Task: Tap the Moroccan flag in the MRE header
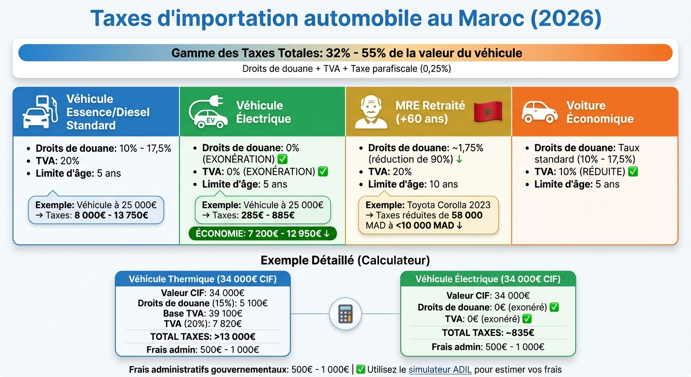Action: [488, 112]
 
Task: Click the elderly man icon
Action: [371, 112]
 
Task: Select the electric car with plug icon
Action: [208, 111]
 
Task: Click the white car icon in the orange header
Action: [539, 112]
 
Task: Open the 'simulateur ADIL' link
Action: [440, 370]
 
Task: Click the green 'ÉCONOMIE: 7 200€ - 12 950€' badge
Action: [263, 234]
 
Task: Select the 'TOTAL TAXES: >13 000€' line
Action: [203, 337]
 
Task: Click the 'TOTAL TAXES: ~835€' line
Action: [488, 333]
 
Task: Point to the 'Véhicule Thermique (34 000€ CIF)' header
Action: [203, 279]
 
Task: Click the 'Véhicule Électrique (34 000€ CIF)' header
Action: [488, 279]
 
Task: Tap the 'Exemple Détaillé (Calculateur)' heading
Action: [345, 260]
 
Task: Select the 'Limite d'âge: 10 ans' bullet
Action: [413, 184]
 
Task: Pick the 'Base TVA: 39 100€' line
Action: [203, 314]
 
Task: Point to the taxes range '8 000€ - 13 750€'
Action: [111, 215]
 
